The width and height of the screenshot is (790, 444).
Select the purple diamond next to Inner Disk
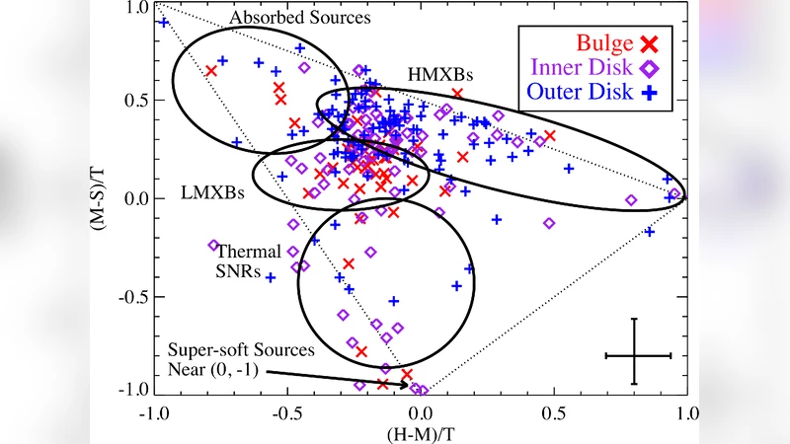pos(650,68)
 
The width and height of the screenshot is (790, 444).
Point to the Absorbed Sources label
pos(284,18)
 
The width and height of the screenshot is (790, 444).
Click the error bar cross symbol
pos(637,354)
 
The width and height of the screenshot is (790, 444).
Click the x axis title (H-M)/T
pos(420,431)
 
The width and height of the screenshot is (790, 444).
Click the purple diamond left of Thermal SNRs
pos(213,245)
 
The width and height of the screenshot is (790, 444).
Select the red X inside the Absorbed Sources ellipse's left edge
pos(210,71)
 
